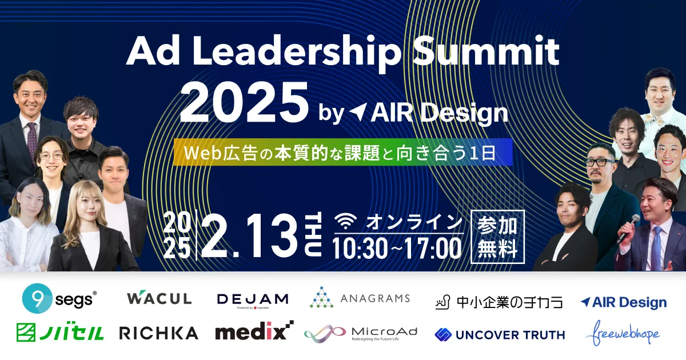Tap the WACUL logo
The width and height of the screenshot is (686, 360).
coord(159,298)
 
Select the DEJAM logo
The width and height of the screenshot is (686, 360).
coord(253,299)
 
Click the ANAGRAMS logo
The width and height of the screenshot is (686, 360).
coord(360,298)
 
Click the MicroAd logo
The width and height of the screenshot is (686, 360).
coord(360,333)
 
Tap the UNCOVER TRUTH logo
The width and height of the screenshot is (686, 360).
coord(500,334)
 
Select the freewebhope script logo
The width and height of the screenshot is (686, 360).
coord(623,334)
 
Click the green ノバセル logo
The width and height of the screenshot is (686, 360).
coord(60,333)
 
